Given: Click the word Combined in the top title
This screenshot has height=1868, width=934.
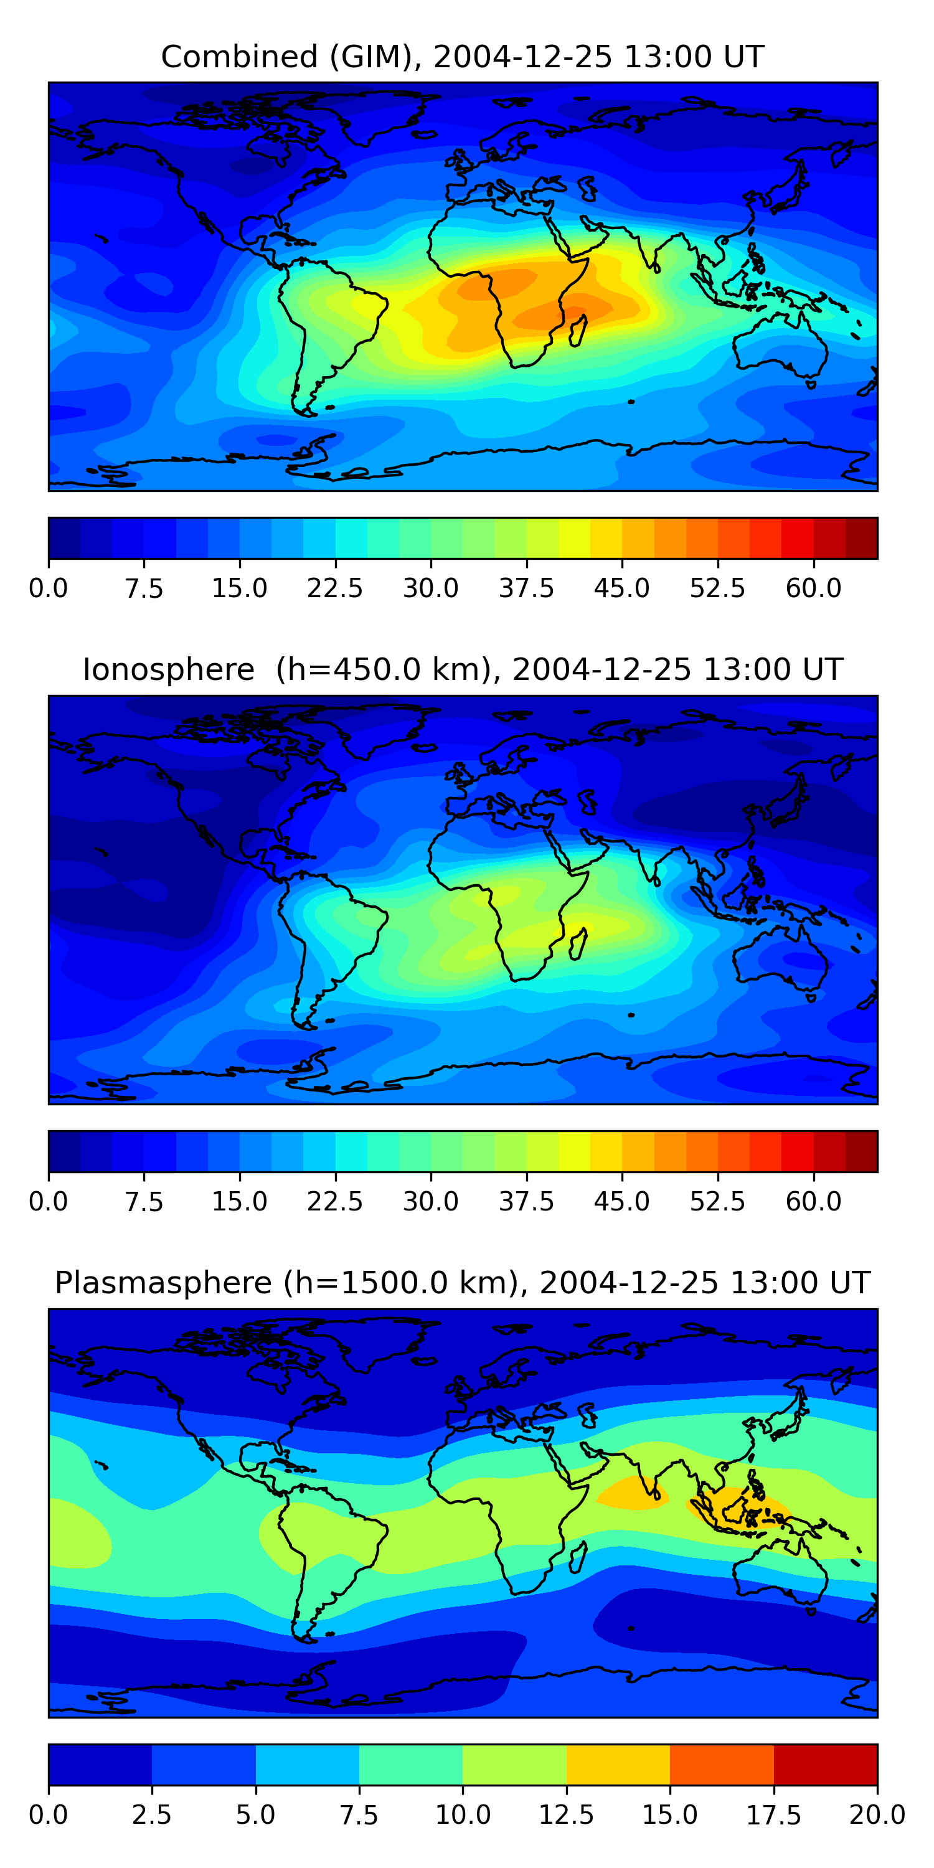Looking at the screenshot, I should [x=239, y=57].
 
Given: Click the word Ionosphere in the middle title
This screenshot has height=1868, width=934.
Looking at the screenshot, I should [x=168, y=669].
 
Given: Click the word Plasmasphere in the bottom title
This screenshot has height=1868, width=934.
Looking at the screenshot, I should [x=163, y=1283].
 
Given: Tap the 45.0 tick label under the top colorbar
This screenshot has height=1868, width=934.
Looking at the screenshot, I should [x=621, y=588].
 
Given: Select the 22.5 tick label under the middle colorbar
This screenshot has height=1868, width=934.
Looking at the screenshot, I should [x=334, y=1202].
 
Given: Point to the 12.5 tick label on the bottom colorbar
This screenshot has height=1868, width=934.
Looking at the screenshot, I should [x=565, y=1815].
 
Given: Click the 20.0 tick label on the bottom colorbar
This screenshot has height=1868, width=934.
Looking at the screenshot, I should [x=877, y=1815].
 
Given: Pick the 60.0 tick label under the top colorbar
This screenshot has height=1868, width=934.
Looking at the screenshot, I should [x=813, y=588].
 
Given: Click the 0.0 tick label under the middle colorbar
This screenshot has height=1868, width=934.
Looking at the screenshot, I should [x=49, y=1202].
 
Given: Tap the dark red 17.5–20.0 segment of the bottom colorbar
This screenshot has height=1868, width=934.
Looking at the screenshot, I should [x=825, y=1764].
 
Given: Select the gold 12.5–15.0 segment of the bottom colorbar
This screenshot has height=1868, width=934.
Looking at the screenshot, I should [x=618, y=1764].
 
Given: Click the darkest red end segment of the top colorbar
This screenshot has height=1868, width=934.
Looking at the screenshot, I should [x=862, y=538].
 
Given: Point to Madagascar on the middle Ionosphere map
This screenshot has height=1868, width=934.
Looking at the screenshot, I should [x=578, y=944].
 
